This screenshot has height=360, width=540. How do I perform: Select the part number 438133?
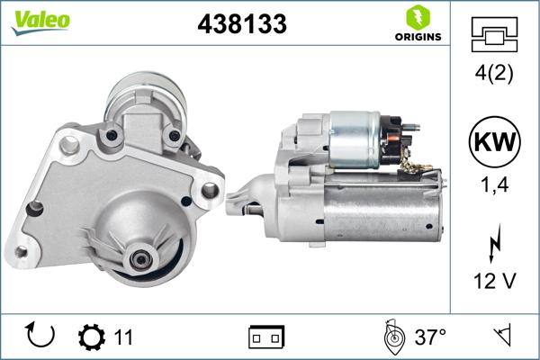241,25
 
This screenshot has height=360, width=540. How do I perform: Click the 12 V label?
493,283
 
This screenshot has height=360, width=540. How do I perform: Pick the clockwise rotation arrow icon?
41,337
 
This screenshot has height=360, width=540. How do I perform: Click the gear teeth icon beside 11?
92,337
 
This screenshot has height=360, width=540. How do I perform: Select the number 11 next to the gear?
124,337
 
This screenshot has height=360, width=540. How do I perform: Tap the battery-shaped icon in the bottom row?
266,337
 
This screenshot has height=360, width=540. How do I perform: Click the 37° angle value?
430,337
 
